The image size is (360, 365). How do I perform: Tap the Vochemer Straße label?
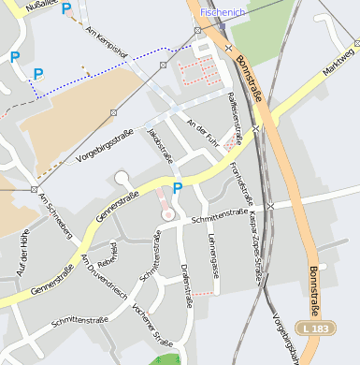click(x=152, y=325)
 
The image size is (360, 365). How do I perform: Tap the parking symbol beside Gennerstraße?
click(x=177, y=189)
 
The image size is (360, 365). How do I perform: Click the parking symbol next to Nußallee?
click(x=65, y=8)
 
